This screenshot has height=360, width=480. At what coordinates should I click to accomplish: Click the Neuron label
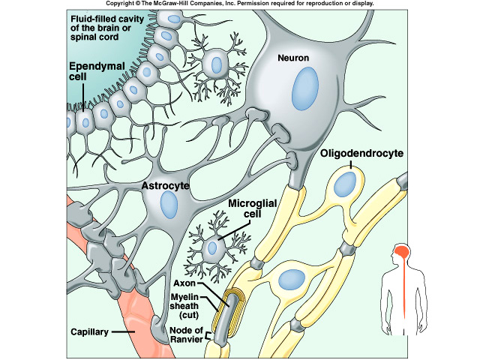pyautogui.click(x=292, y=56)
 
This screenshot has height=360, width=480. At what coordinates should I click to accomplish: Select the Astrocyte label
pyautogui.click(x=165, y=184)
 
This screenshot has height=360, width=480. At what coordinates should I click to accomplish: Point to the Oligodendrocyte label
pyautogui.click(x=362, y=154)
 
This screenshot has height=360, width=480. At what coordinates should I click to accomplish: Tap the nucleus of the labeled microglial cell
pyautogui.click(x=216, y=245)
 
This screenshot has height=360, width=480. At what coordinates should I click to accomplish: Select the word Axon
pyautogui.click(x=184, y=284)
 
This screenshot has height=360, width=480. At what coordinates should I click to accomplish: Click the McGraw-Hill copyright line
pyautogui.click(x=240, y=4)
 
